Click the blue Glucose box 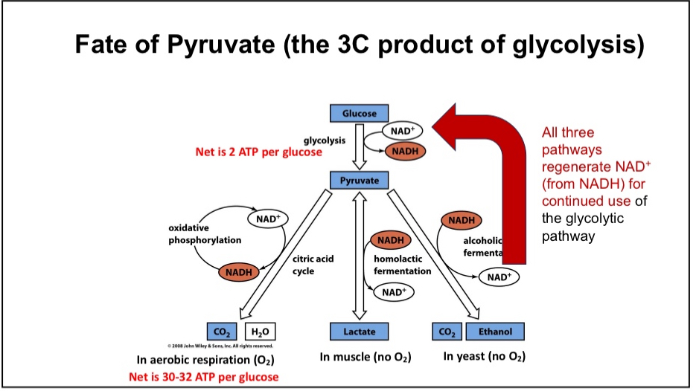coord(359,114)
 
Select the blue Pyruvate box coord(359,181)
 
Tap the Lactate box coord(359,331)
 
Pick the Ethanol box coord(495,331)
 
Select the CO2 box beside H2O coord(222,331)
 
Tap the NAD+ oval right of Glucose coord(402,131)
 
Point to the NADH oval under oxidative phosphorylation coord(238,272)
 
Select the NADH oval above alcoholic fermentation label coord(461,220)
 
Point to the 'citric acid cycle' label coord(313,265)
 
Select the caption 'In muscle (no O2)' coord(365,357)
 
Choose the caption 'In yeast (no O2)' coord(484,356)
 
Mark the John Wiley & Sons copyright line coord(220,346)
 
